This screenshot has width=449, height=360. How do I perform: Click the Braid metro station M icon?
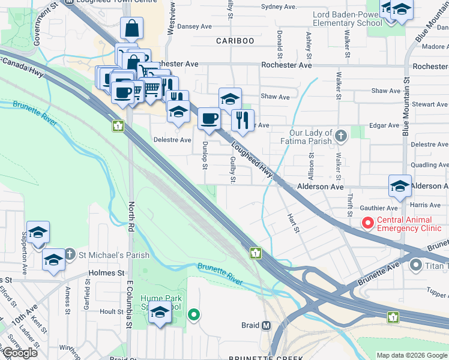[267, 326]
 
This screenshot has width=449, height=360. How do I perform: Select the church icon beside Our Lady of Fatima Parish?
[341, 136]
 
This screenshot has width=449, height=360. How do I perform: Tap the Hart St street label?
[292, 223]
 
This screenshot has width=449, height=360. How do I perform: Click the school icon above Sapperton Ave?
[38, 232]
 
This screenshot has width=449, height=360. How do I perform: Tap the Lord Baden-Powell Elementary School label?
[347, 18]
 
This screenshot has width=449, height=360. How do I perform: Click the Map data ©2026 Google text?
[412, 355]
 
